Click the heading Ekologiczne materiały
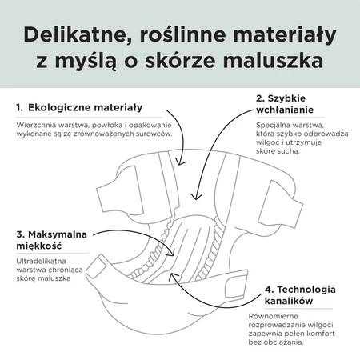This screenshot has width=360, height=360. (x=85, y=107)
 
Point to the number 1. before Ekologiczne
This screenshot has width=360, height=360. (x=19, y=108)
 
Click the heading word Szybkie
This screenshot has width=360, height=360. (x=286, y=98)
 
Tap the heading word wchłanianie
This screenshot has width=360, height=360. (x=285, y=110)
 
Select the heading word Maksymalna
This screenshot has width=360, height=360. (x=58, y=234)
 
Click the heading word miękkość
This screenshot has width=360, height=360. (x=39, y=246)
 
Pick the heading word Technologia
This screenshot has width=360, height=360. (x=306, y=290)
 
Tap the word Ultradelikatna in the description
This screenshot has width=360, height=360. (x=41, y=261)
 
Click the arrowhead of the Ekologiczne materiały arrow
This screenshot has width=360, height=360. (x=181, y=162)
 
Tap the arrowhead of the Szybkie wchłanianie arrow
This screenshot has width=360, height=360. (x=196, y=196)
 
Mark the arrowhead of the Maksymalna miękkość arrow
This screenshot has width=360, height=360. (x=171, y=252)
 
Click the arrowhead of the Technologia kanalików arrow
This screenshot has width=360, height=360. (x=173, y=276)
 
